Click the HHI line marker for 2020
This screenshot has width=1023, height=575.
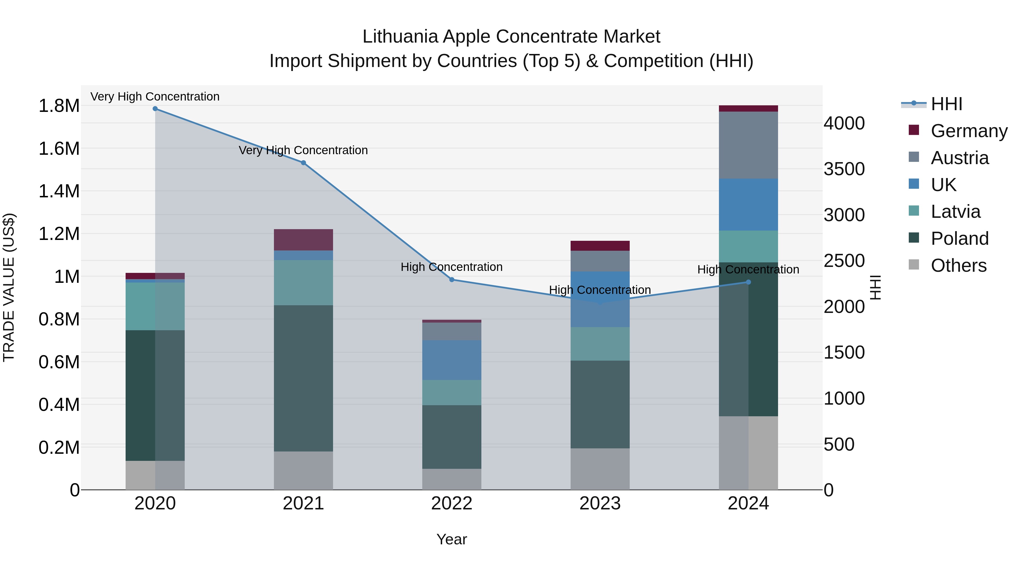[155, 109]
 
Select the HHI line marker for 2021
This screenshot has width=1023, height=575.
[303, 163]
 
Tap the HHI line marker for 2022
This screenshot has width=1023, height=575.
[452, 280]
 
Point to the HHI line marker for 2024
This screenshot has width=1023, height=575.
[748, 282]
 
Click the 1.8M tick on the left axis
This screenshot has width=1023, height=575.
[59, 106]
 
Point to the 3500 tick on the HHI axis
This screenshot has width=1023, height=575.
[844, 169]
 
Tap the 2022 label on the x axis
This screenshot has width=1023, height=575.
[452, 503]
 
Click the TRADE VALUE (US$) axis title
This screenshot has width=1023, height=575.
[9, 287]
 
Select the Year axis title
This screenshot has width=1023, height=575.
[452, 539]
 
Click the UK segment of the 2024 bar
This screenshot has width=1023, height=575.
[748, 204]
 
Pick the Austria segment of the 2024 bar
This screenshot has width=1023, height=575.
[748, 145]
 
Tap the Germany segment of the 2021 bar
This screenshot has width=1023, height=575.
[303, 240]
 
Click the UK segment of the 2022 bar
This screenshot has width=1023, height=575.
[452, 360]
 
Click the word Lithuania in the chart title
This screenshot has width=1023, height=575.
[400, 37]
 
